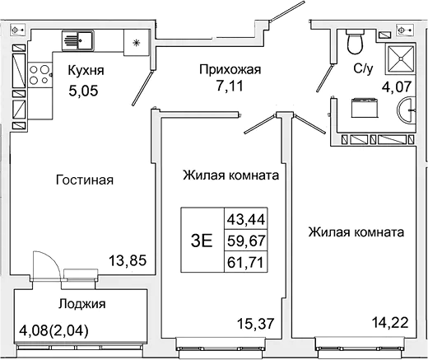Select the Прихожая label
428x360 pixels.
[230, 70]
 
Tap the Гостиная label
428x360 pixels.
[85, 180]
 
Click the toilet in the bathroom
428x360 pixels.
[355, 39]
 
